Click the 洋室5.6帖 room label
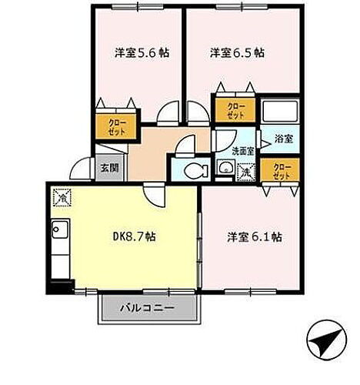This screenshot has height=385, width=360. click(142, 54)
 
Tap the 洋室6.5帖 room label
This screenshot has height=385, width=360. click(238, 54)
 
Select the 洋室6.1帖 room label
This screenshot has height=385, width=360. click(254, 236)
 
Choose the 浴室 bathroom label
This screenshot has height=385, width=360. click(283, 139)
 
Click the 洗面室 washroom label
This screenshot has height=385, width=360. click(232, 152)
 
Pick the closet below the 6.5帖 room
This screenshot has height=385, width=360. click(234, 110)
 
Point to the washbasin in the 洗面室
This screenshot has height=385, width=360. click(226, 169)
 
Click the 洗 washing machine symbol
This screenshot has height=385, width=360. click(244, 170)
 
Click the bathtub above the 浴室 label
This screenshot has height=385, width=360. click(280, 112)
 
